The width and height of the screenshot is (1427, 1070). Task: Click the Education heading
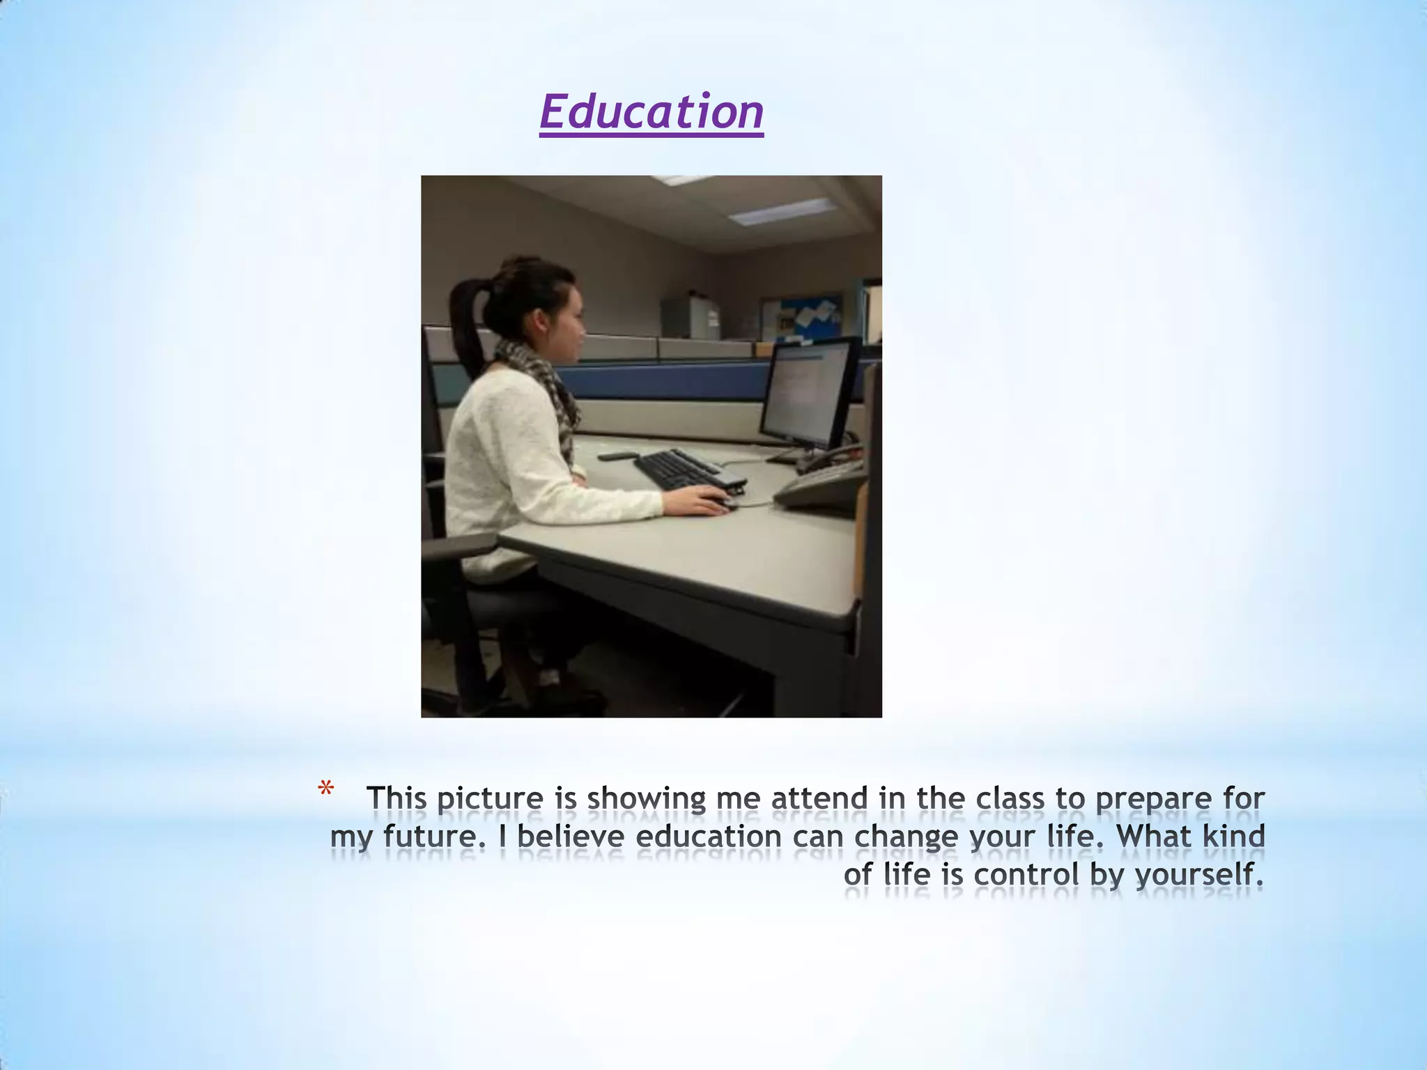coord(651,112)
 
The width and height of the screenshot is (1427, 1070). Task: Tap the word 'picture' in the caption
coord(489,798)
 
